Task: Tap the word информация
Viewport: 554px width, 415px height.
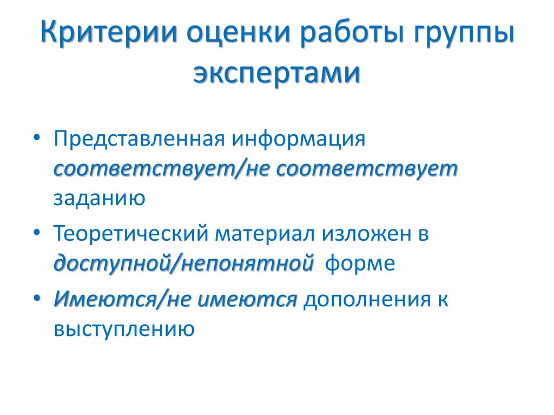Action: tap(300, 139)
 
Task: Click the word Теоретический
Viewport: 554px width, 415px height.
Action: tap(130, 234)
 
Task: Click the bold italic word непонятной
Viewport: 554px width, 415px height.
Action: tap(249, 265)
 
